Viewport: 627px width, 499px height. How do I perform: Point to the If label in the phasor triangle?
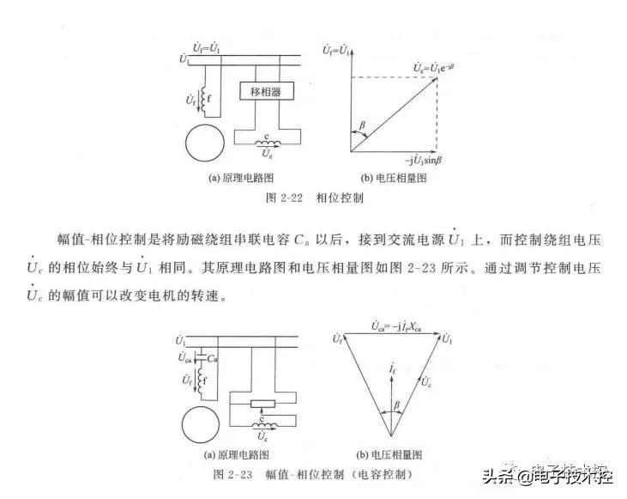coord(391,368)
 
